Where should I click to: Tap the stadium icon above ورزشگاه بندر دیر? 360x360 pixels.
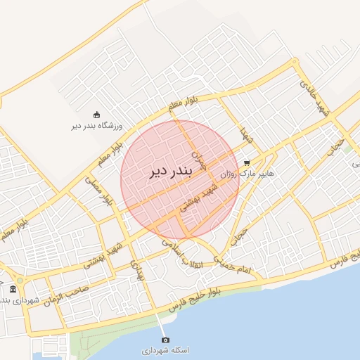point(96,115)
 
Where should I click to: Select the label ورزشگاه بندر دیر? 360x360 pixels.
point(97,127)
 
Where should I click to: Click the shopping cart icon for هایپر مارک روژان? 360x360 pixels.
point(247,161)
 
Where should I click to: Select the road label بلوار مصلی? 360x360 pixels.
point(100,190)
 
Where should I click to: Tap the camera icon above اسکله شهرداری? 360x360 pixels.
point(165,340)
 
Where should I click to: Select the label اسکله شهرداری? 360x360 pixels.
point(166,350)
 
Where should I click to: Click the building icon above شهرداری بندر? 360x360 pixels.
point(13,290)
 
